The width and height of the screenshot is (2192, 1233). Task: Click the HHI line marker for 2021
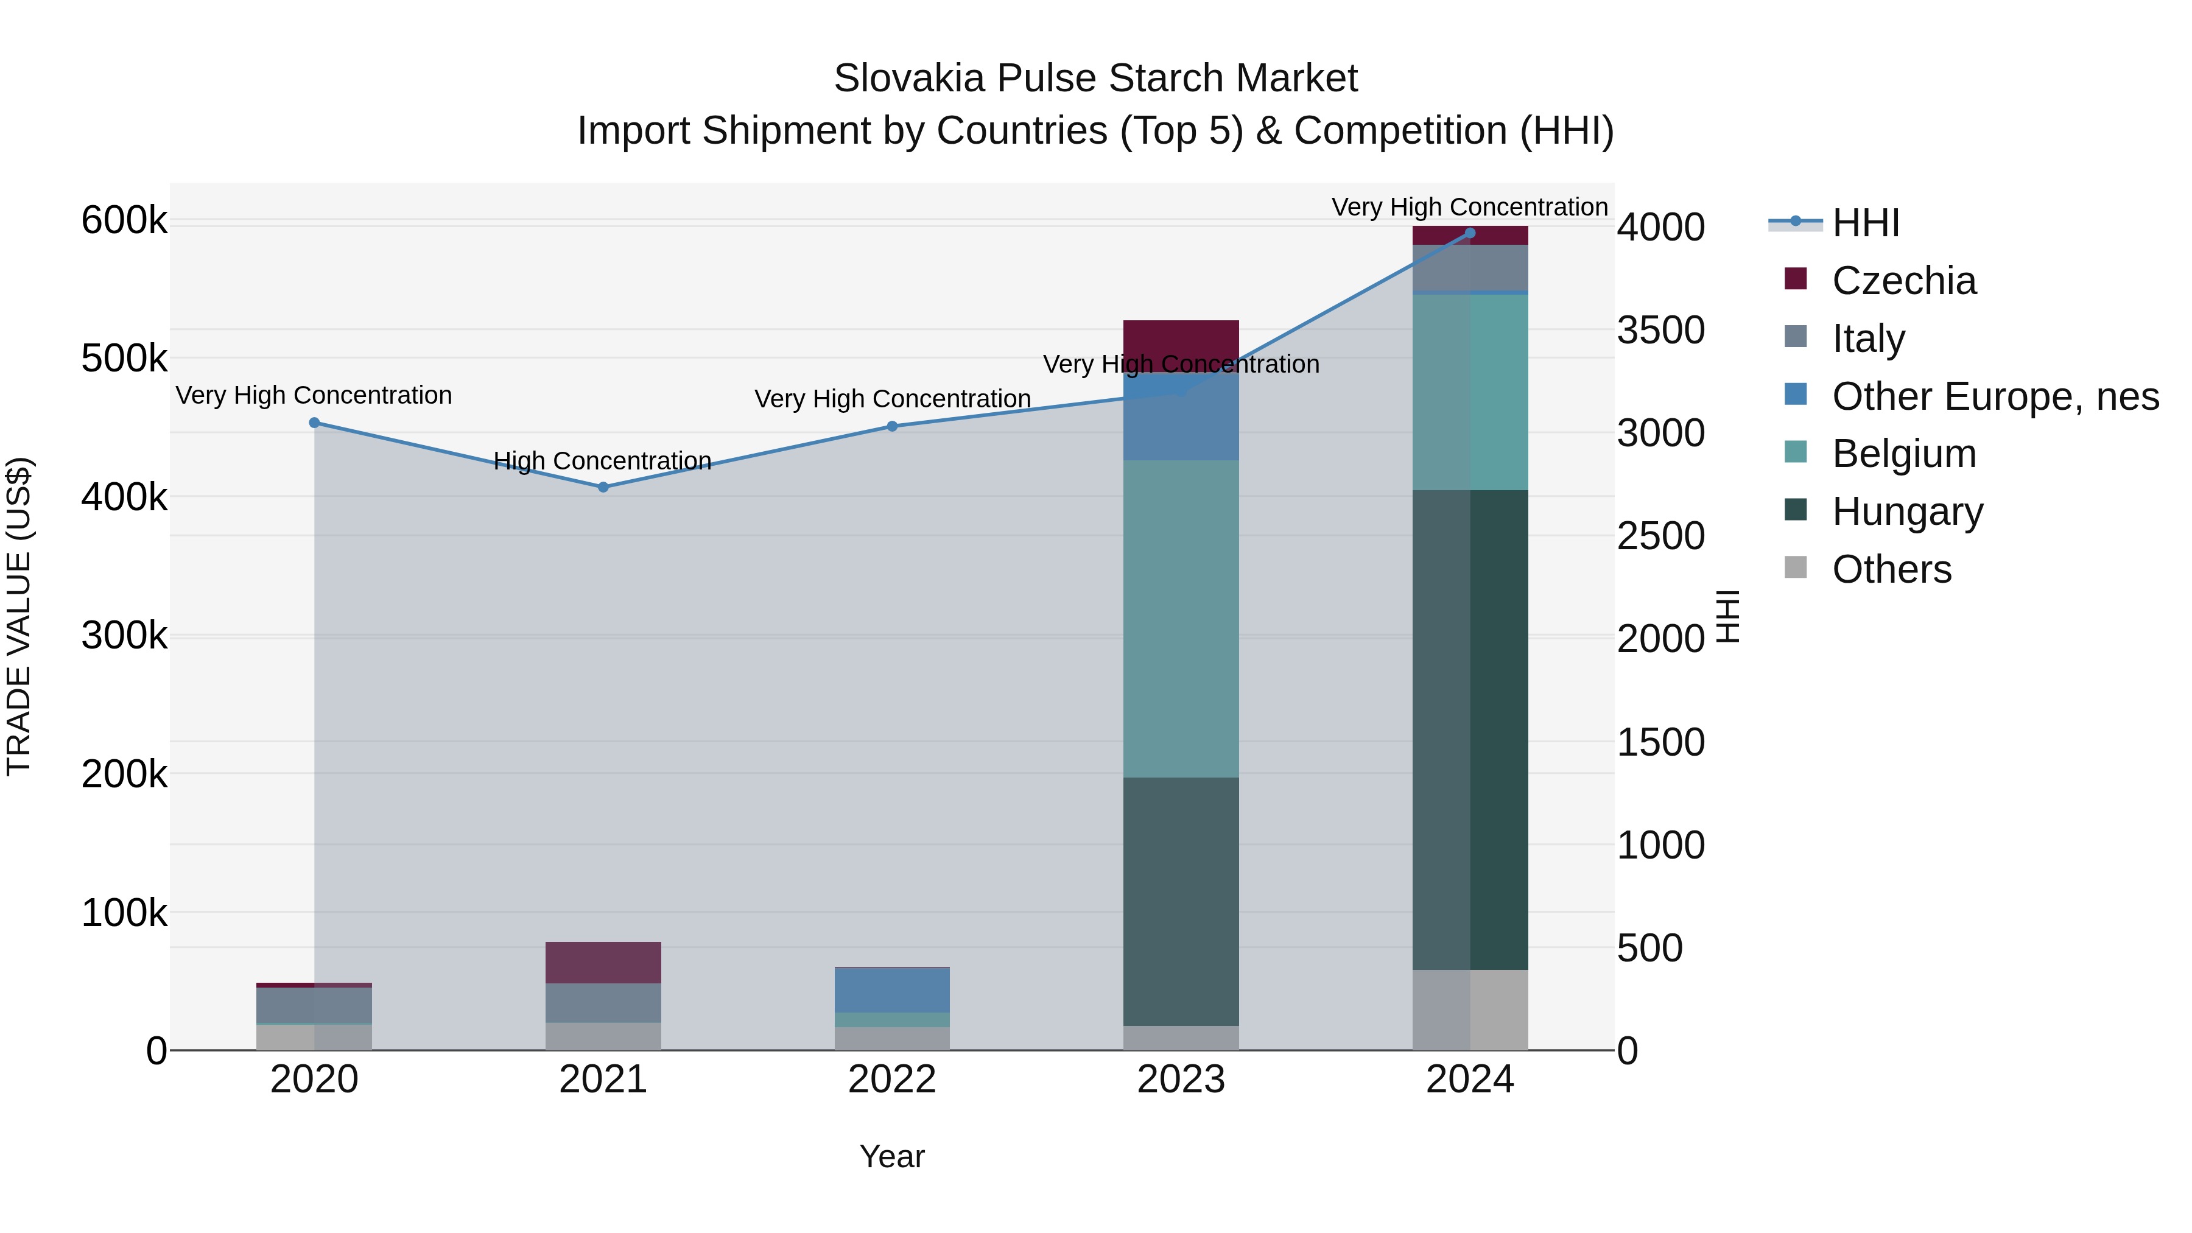pos(603,487)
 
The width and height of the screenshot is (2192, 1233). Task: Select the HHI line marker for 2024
pos(1470,233)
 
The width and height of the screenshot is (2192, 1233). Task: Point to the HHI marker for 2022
pos(892,426)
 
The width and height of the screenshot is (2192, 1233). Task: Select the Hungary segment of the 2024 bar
pos(1470,729)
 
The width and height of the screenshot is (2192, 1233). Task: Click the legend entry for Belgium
pos(1903,454)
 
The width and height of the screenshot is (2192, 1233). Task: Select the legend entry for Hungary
pos(1907,511)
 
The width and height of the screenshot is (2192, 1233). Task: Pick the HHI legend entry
pos(1865,223)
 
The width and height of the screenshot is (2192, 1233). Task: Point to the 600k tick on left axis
pos(124,220)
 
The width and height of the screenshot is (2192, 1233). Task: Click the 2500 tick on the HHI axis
pos(1660,536)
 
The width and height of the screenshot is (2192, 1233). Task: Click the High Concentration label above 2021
pos(602,460)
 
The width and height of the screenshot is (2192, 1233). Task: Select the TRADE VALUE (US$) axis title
pos(19,616)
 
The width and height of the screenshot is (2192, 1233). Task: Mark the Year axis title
pos(892,1156)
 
